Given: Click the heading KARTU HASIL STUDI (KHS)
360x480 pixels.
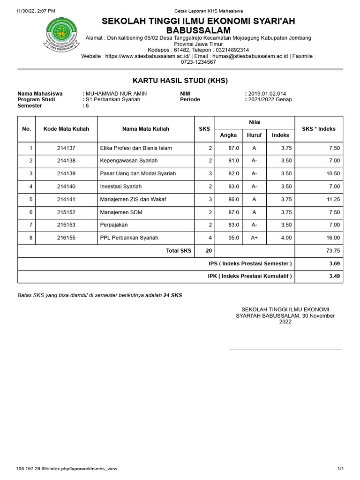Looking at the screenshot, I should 180,81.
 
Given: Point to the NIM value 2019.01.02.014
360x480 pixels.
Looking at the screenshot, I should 267,94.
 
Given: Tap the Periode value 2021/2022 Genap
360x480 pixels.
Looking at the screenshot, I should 270,99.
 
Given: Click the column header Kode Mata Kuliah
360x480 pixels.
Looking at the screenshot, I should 66,129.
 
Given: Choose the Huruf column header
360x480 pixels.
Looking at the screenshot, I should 254,135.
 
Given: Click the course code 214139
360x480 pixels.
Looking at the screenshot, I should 66,173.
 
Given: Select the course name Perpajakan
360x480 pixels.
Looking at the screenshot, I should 114,225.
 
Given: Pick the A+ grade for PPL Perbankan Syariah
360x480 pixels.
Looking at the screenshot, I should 254,238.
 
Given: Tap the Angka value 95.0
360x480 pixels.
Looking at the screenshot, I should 234,238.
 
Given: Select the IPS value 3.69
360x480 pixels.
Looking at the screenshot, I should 334,264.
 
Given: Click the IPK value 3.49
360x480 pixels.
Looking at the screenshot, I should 334,277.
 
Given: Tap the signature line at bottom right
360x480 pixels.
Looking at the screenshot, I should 285,349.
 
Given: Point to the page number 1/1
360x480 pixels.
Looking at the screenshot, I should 341,469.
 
